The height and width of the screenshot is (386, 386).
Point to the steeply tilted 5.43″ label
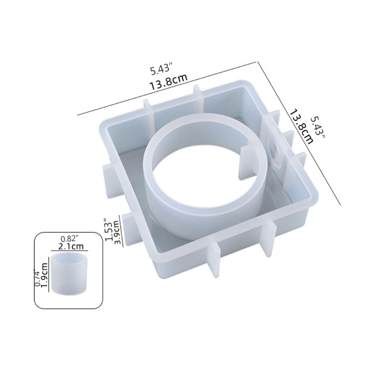coord(318,127)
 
